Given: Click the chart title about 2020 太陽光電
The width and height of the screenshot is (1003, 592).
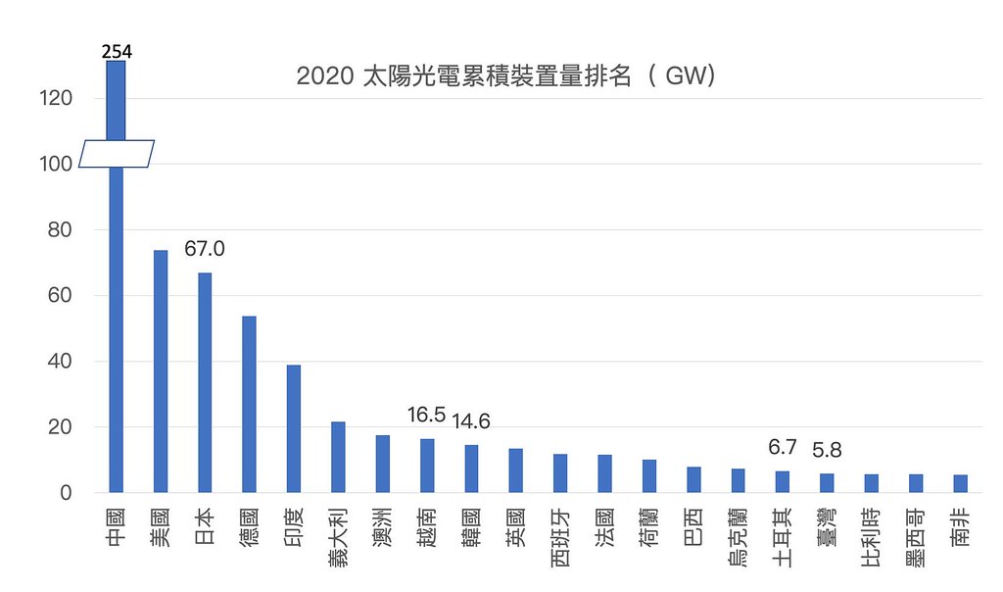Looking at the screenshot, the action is coord(505,76).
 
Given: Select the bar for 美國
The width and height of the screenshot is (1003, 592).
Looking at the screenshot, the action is coord(161,371).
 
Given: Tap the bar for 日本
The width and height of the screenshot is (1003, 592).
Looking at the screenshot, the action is coord(205,382).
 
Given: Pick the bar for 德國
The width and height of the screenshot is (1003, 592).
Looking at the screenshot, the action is coord(250,405).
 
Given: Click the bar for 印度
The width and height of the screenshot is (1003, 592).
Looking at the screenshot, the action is coord(294,428).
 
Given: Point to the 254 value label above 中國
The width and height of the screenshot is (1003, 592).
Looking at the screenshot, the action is coord(117,51).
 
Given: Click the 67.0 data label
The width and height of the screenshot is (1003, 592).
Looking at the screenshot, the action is coord(205,248).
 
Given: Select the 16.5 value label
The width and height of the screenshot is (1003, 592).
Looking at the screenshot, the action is coord(426,415).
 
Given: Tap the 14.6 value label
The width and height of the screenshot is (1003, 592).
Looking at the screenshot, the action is coord(471,421).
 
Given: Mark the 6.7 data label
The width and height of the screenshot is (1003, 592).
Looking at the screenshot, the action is coord(783,447).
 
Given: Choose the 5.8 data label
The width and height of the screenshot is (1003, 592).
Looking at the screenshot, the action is coord(827,450).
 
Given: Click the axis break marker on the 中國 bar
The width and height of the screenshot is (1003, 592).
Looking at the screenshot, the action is coord(117,154).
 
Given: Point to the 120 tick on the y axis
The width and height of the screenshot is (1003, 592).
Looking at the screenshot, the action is coord(56,98).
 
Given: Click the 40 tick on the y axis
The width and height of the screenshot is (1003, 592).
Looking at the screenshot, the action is coord(60,361).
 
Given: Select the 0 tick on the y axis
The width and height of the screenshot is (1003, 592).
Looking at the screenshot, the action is coord(66,493).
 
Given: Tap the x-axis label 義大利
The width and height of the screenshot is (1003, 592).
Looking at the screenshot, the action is coord(338,537).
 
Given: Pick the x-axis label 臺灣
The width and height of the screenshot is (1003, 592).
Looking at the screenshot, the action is coord(827,527).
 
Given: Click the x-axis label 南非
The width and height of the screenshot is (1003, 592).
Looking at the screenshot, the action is coord(960,527).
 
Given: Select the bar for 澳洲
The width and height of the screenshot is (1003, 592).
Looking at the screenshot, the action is coord(383,464).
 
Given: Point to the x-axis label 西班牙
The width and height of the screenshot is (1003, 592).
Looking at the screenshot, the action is coord(560,537).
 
